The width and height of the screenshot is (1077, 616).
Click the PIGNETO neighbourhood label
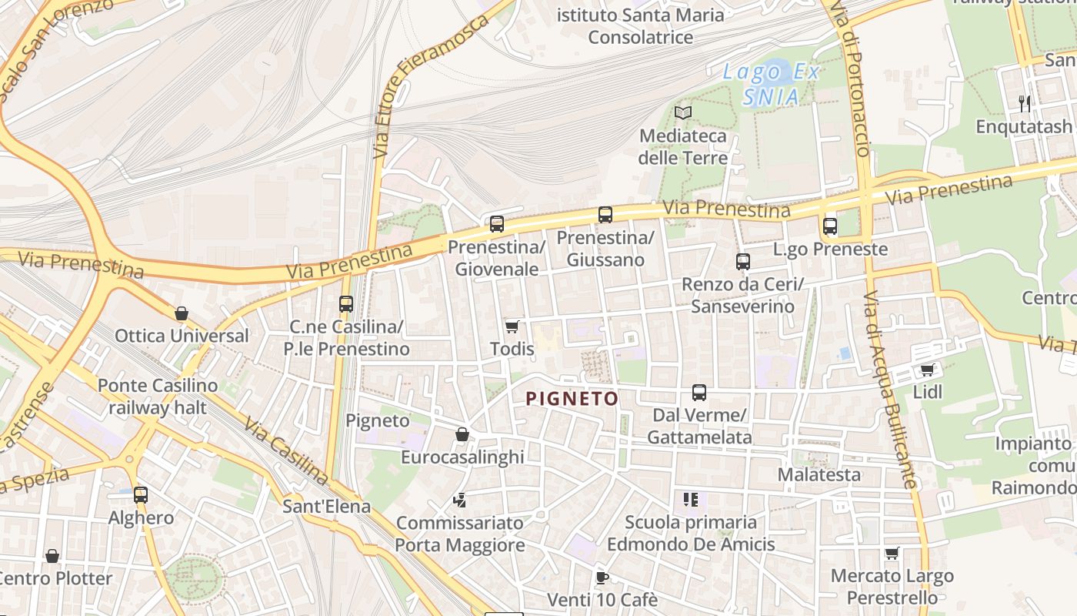pyautogui.click(x=572, y=398)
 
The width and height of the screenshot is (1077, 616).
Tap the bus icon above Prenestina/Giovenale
pyautogui.click(x=497, y=224)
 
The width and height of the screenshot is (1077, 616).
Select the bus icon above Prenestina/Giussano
pyautogui.click(x=605, y=215)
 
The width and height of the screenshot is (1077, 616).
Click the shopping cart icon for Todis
pyautogui.click(x=512, y=326)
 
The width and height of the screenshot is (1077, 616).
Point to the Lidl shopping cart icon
pyautogui.click(x=927, y=370)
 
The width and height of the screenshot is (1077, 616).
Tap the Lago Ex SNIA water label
pyautogui.click(x=772, y=85)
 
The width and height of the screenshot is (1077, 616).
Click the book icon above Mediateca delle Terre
pyautogui.click(x=683, y=113)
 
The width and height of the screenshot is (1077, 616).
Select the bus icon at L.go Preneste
pyautogui.click(x=829, y=226)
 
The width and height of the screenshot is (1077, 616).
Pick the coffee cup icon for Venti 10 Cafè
pyautogui.click(x=602, y=577)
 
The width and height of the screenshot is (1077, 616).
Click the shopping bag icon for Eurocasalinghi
pyautogui.click(x=462, y=435)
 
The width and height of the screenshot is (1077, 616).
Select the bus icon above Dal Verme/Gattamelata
pyautogui.click(x=699, y=393)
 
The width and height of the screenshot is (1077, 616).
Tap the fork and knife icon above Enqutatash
pyautogui.click(x=1024, y=104)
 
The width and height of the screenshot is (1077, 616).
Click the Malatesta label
pyautogui.click(x=819, y=474)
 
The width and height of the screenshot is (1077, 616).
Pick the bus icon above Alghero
pyautogui.click(x=140, y=495)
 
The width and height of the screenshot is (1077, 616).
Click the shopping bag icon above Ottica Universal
pyautogui.click(x=182, y=313)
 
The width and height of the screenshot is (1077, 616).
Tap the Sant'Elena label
pyautogui.click(x=326, y=507)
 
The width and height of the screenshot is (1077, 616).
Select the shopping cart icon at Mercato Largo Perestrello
pyautogui.click(x=892, y=553)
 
